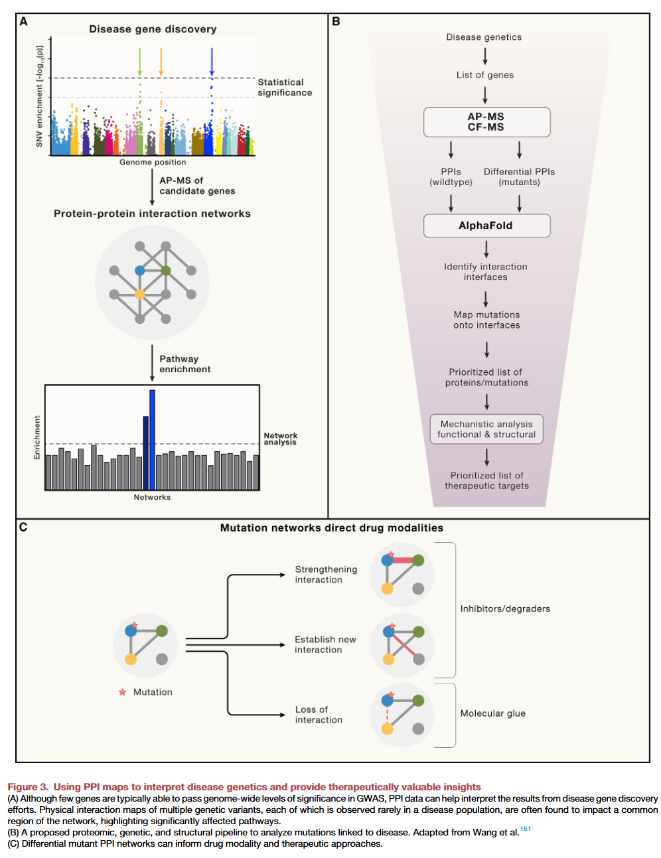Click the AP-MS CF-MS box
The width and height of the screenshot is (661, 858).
tap(486, 122)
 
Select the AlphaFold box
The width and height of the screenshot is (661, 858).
tap(486, 226)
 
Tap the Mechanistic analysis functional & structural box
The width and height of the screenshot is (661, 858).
tap(486, 429)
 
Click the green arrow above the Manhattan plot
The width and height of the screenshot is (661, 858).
tap(139, 61)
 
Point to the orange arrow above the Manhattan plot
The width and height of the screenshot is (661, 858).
tap(161, 61)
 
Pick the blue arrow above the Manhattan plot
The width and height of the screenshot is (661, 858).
tap(212, 61)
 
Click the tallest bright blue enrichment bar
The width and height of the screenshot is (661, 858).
tap(152, 439)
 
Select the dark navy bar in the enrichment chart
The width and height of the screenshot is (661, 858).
tap(146, 453)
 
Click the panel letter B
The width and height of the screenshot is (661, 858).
tap(336, 21)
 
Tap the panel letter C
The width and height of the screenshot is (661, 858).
tap(23, 528)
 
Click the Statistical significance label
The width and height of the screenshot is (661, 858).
tap(285, 88)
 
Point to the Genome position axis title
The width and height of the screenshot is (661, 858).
tap(153, 162)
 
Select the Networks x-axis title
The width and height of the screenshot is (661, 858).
tap(152, 498)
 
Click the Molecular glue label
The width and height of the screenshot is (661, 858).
tap(492, 713)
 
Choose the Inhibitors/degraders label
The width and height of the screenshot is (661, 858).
tap(505, 608)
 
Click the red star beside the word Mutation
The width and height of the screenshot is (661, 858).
tap(122, 691)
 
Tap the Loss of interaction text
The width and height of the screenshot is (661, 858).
tap(319, 715)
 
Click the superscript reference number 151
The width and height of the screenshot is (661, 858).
tap(526, 829)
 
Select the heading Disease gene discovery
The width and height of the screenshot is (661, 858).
tap(153, 29)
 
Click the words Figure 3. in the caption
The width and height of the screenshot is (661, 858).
tap(28, 787)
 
